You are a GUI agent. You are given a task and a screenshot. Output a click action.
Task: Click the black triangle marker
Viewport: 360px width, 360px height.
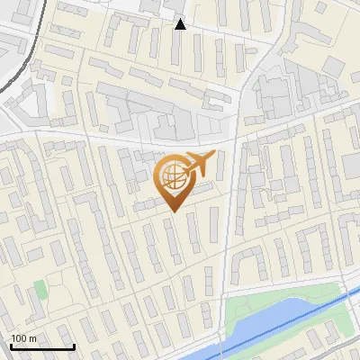[181, 24]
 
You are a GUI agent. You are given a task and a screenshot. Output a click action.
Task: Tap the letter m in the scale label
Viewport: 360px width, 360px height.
[32, 337]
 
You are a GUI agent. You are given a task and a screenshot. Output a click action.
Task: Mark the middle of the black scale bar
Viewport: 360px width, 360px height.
[42, 346]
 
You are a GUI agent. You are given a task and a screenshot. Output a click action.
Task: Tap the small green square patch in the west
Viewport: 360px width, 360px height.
[40, 289]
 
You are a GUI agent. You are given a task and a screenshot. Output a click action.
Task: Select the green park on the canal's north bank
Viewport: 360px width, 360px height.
[270, 301]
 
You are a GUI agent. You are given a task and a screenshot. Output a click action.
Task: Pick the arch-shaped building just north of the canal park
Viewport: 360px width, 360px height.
[248, 262]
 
